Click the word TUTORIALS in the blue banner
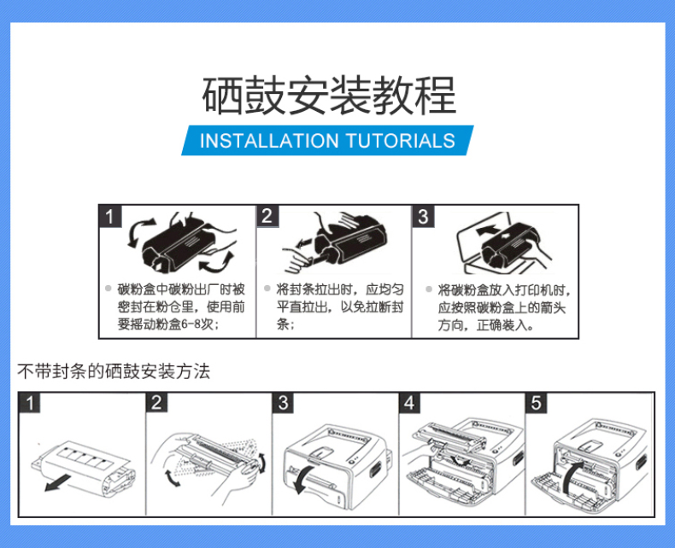coord(401,141)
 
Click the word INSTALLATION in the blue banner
coord(269,141)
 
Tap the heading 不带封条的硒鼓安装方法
coord(114,371)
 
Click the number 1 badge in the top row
coord(110,216)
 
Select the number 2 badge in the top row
coord(267,216)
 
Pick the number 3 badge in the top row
coord(423,216)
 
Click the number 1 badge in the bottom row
coord(30,403)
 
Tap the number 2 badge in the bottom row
coord(156,403)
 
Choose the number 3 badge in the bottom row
coord(284,403)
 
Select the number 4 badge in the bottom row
coord(409,403)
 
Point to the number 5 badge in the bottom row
coord(536,403)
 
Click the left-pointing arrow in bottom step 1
coord(58,481)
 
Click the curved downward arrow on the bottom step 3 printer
coord(302,478)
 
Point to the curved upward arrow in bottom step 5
coord(571,476)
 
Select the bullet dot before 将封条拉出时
coord(267,289)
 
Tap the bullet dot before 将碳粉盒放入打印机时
coord(429,289)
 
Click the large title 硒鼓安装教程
coord(329,96)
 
